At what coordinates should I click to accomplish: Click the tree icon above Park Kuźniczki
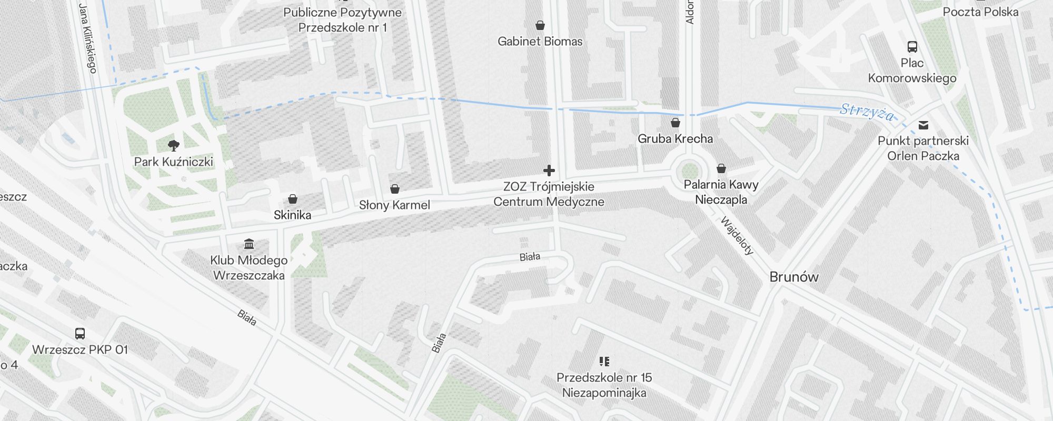[x=173, y=145]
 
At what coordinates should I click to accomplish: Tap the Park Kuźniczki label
[x=173, y=162]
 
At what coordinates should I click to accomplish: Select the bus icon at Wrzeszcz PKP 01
[x=80, y=334]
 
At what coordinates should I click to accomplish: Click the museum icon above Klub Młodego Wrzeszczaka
[x=249, y=244]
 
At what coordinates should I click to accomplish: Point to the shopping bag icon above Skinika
[x=293, y=199]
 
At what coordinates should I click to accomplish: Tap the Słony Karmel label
[x=394, y=205]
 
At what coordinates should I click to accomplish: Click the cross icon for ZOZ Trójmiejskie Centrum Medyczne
[x=549, y=171]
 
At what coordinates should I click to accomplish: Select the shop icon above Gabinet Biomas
[x=540, y=25]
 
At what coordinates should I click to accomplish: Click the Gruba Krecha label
[x=675, y=139]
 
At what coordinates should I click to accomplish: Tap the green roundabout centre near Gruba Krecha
[x=689, y=171]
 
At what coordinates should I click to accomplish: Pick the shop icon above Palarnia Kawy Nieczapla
[x=721, y=168]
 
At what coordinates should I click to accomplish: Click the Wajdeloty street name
[x=737, y=235]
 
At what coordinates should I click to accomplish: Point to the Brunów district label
[x=793, y=277]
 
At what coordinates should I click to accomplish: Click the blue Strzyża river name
[x=867, y=112]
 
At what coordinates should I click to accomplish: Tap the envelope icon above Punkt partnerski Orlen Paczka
[x=923, y=125]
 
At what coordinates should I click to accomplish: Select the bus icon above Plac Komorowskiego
[x=912, y=47]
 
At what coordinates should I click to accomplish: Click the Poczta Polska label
[x=980, y=12]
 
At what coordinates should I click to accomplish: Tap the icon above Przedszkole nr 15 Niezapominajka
[x=604, y=362]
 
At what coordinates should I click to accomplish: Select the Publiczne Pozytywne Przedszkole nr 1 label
[x=342, y=20]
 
